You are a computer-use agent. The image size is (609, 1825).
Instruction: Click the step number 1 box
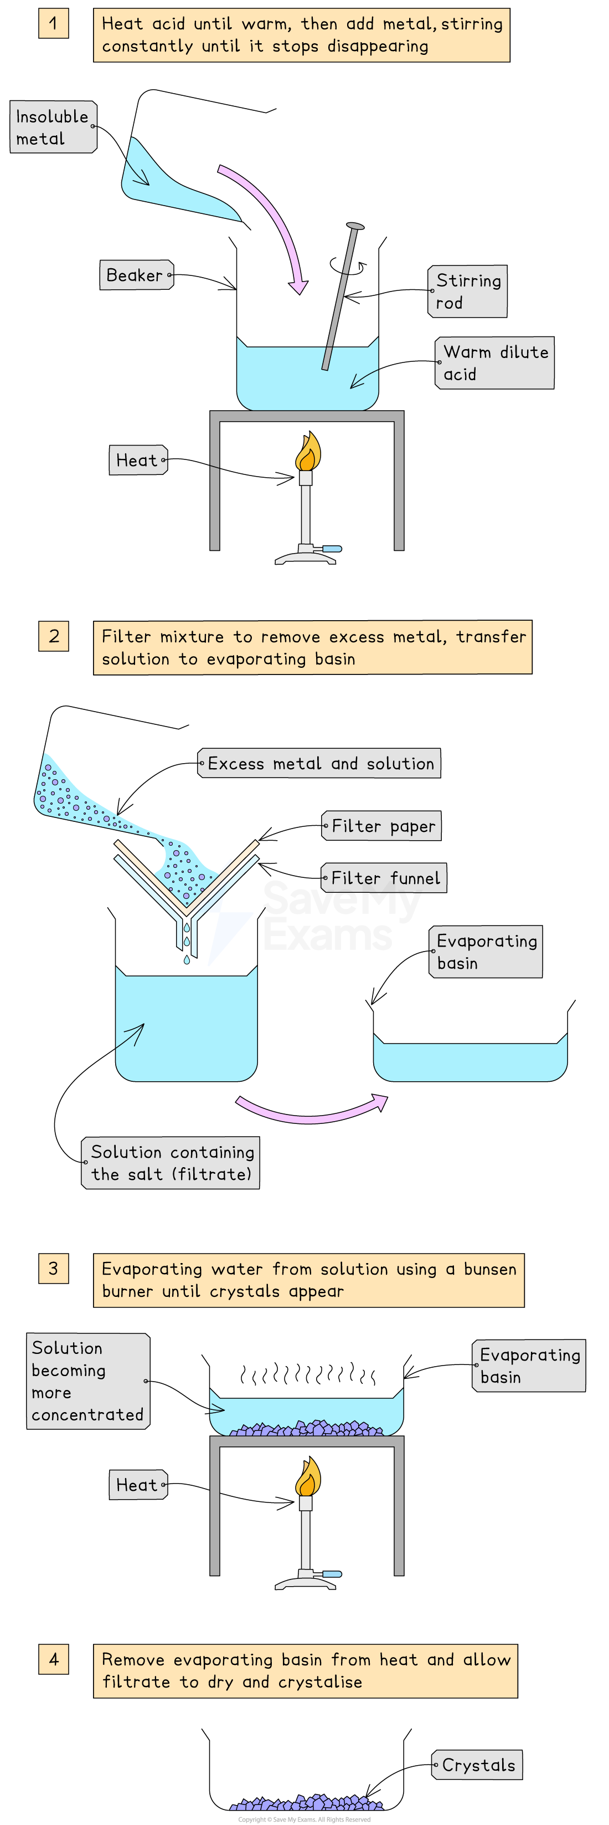pos(54,23)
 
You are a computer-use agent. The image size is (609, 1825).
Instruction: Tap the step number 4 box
pos(54,1659)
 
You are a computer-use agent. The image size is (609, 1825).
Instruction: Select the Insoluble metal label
pos(53,127)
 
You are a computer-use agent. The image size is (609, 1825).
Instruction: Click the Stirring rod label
pos(467,291)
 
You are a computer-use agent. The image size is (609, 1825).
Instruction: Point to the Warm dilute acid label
pos(494,363)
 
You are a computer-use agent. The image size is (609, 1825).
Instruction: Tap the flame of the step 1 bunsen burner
pos(307,453)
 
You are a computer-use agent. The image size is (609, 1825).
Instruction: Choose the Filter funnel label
pos(385,878)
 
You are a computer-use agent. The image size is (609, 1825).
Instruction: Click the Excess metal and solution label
pos(319,763)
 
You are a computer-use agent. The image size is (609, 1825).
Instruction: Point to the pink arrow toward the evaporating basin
pos(312,1112)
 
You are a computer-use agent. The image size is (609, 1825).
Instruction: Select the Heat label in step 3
pos(138,1484)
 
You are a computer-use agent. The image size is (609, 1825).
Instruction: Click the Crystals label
pos(477,1765)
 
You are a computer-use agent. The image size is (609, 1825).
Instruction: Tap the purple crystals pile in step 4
pos(307,1803)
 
